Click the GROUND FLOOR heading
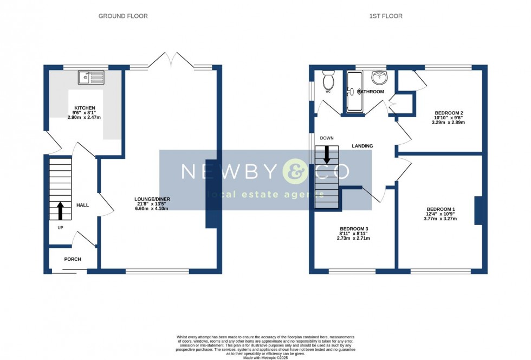point(123,16)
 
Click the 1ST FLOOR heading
point(386,16)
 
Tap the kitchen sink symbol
point(91,78)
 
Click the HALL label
point(82,205)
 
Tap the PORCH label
point(73,259)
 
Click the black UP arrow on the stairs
point(60,210)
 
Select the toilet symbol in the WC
point(328,81)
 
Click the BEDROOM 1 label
point(441,209)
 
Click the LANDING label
point(362,146)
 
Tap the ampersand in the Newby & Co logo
point(297,171)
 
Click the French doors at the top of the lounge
point(171,61)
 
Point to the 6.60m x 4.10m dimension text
point(152,208)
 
